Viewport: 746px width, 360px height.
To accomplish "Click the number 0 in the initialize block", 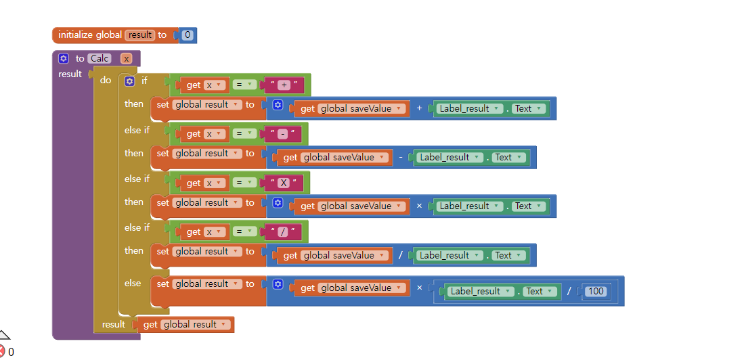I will pyautogui.click(x=188, y=35).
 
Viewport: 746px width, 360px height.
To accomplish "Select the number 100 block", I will pyautogui.click(x=596, y=292).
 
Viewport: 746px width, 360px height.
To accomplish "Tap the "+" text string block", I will pyautogui.click(x=284, y=85).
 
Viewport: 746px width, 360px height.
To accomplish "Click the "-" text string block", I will pyautogui.click(x=284, y=134).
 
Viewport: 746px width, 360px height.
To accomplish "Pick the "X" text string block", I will pyautogui.click(x=284, y=183).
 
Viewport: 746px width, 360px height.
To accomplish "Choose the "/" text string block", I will pyautogui.click(x=284, y=232).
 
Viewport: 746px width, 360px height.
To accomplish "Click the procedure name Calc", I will pyautogui.click(x=100, y=59).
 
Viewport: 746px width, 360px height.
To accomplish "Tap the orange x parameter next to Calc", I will pyautogui.click(x=126, y=59).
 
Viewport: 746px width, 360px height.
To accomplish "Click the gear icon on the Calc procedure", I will pyautogui.click(x=64, y=59).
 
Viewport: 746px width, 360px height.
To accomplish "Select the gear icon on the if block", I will pyautogui.click(x=129, y=81).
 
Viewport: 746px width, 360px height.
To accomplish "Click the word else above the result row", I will pyautogui.click(x=133, y=283).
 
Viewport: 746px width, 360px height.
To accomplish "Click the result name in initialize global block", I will pyautogui.click(x=140, y=35).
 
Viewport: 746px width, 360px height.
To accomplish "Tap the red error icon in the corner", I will pyautogui.click(x=3, y=351).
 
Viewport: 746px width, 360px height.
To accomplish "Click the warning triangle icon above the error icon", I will pyautogui.click(x=3, y=335).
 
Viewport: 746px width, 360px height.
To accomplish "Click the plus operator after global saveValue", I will pyautogui.click(x=419, y=108).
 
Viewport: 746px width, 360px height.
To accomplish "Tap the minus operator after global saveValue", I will pyautogui.click(x=401, y=157).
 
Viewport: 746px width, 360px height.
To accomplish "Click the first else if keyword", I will pyautogui.click(x=137, y=130).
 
